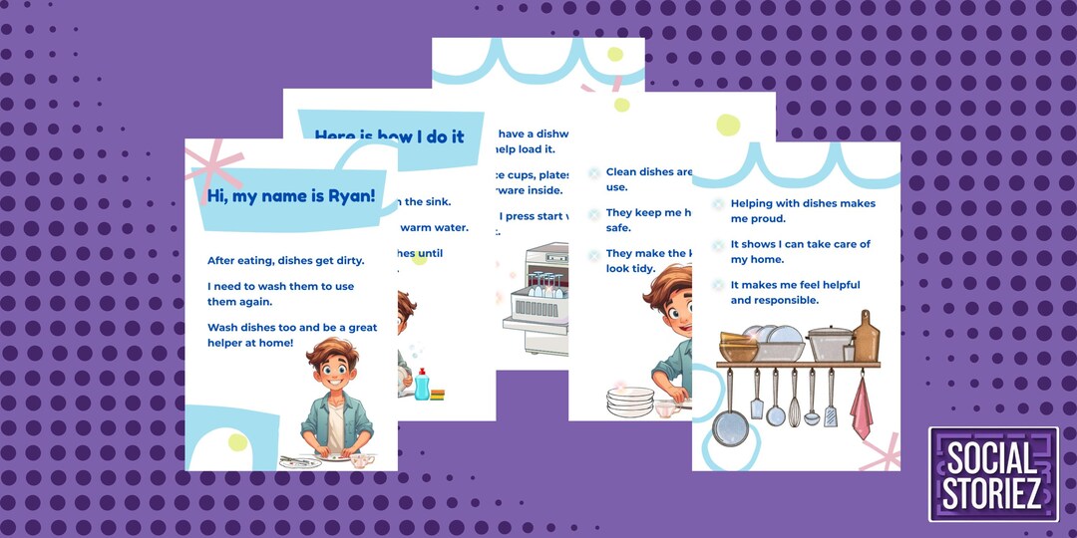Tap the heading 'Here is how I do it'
[x=389, y=136]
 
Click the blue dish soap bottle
[x=422, y=384]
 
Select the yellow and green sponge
[x=438, y=394]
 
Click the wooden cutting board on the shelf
[x=867, y=337]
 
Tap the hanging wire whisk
[x=794, y=399]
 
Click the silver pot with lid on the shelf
[x=830, y=342]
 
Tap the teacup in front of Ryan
[x=360, y=460]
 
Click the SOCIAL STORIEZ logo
[x=993, y=474]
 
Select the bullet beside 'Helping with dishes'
[x=719, y=203]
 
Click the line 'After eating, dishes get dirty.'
[x=286, y=261]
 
